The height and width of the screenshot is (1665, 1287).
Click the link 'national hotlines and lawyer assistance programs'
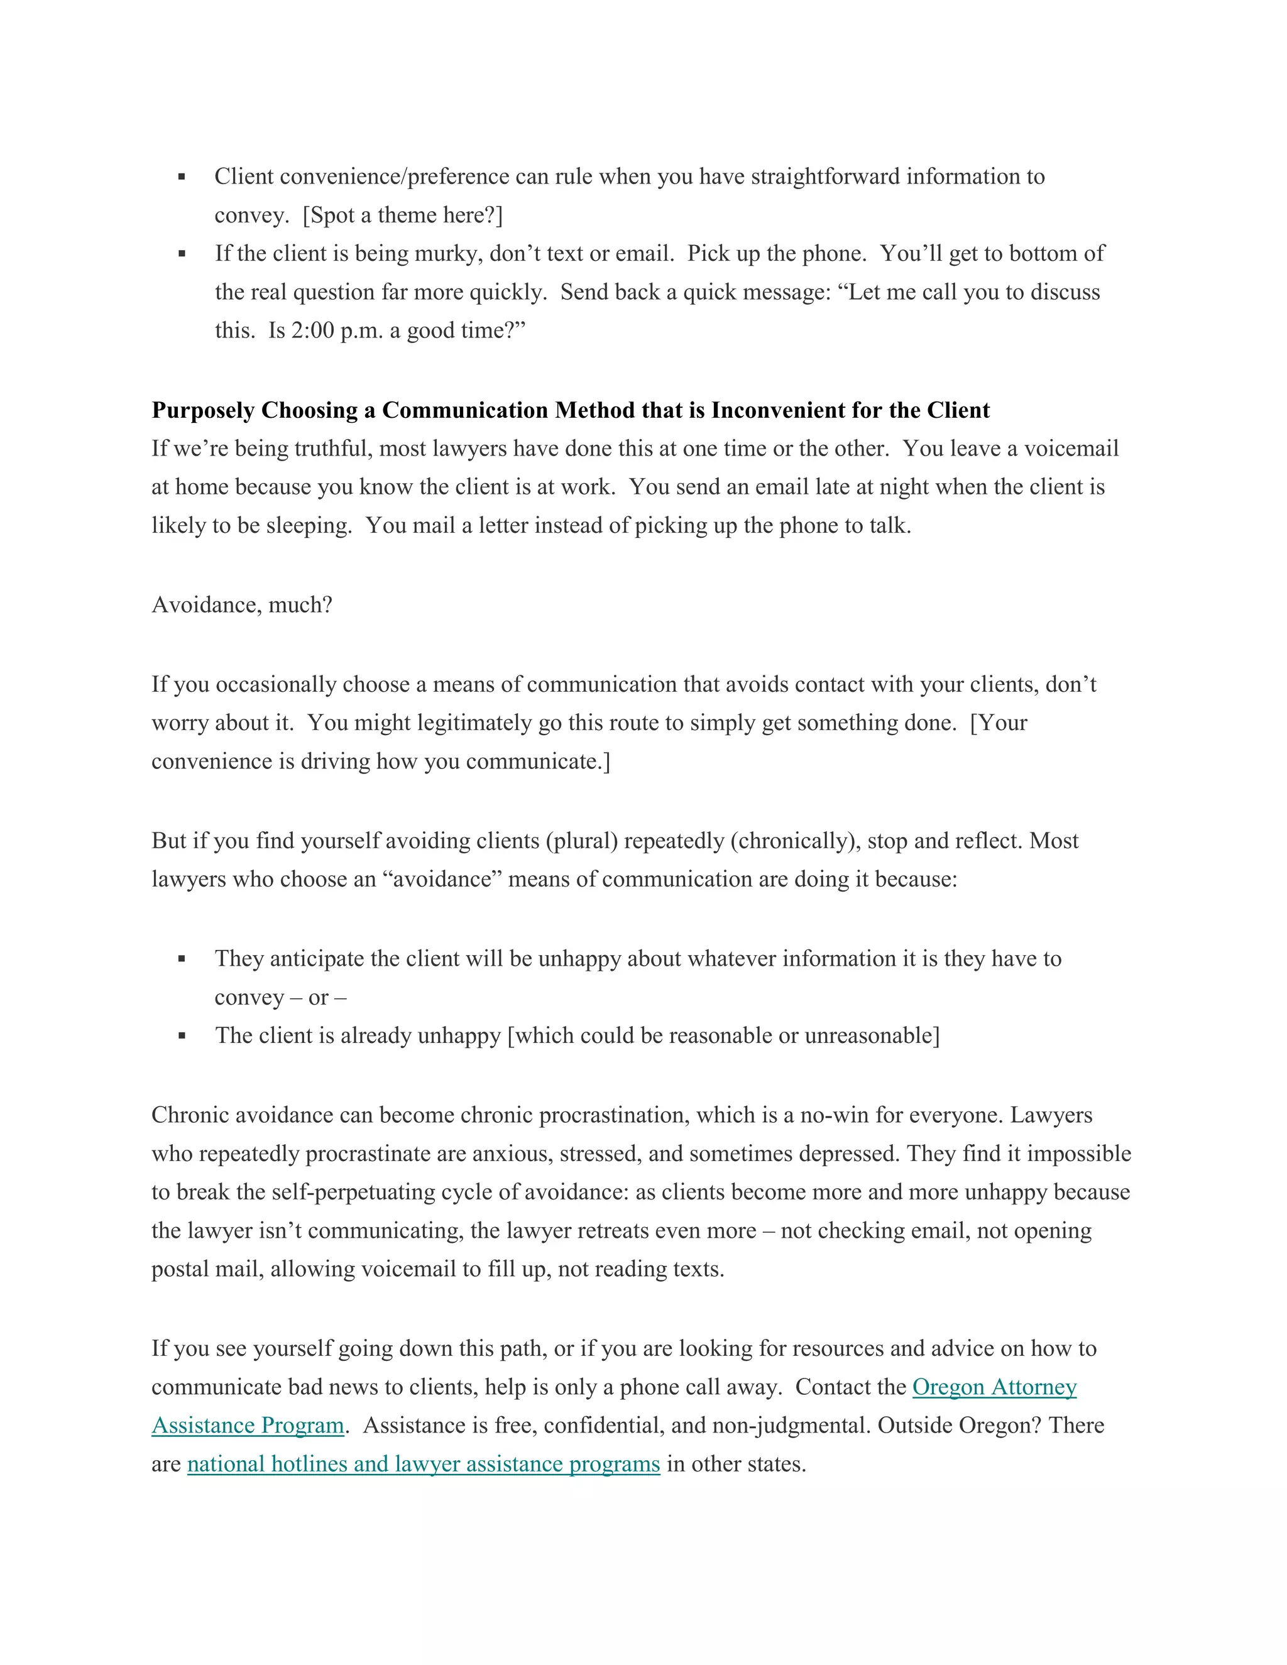[423, 1464]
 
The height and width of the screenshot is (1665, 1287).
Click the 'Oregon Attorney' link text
[994, 1387]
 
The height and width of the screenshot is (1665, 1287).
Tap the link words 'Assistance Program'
[248, 1425]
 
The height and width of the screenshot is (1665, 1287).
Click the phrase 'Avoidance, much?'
[242, 604]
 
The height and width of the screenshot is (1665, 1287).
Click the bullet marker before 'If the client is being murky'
[182, 254]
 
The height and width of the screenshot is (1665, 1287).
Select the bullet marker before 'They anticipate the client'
[182, 959]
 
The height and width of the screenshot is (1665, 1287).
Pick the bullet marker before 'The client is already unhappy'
[182, 1036]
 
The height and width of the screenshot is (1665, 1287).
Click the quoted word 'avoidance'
[442, 879]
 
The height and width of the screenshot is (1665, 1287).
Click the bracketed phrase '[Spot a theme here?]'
[403, 216]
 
